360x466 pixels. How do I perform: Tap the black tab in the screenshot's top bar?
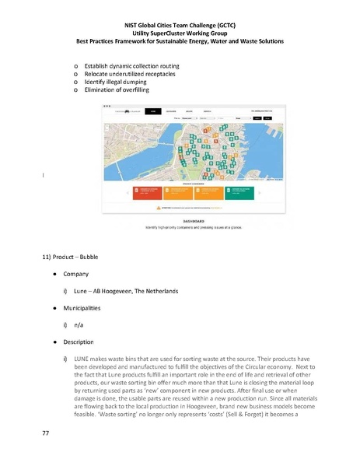155,111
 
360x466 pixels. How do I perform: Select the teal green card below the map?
239,192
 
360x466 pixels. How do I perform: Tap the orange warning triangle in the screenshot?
159,208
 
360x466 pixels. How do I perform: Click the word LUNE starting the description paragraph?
81,359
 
